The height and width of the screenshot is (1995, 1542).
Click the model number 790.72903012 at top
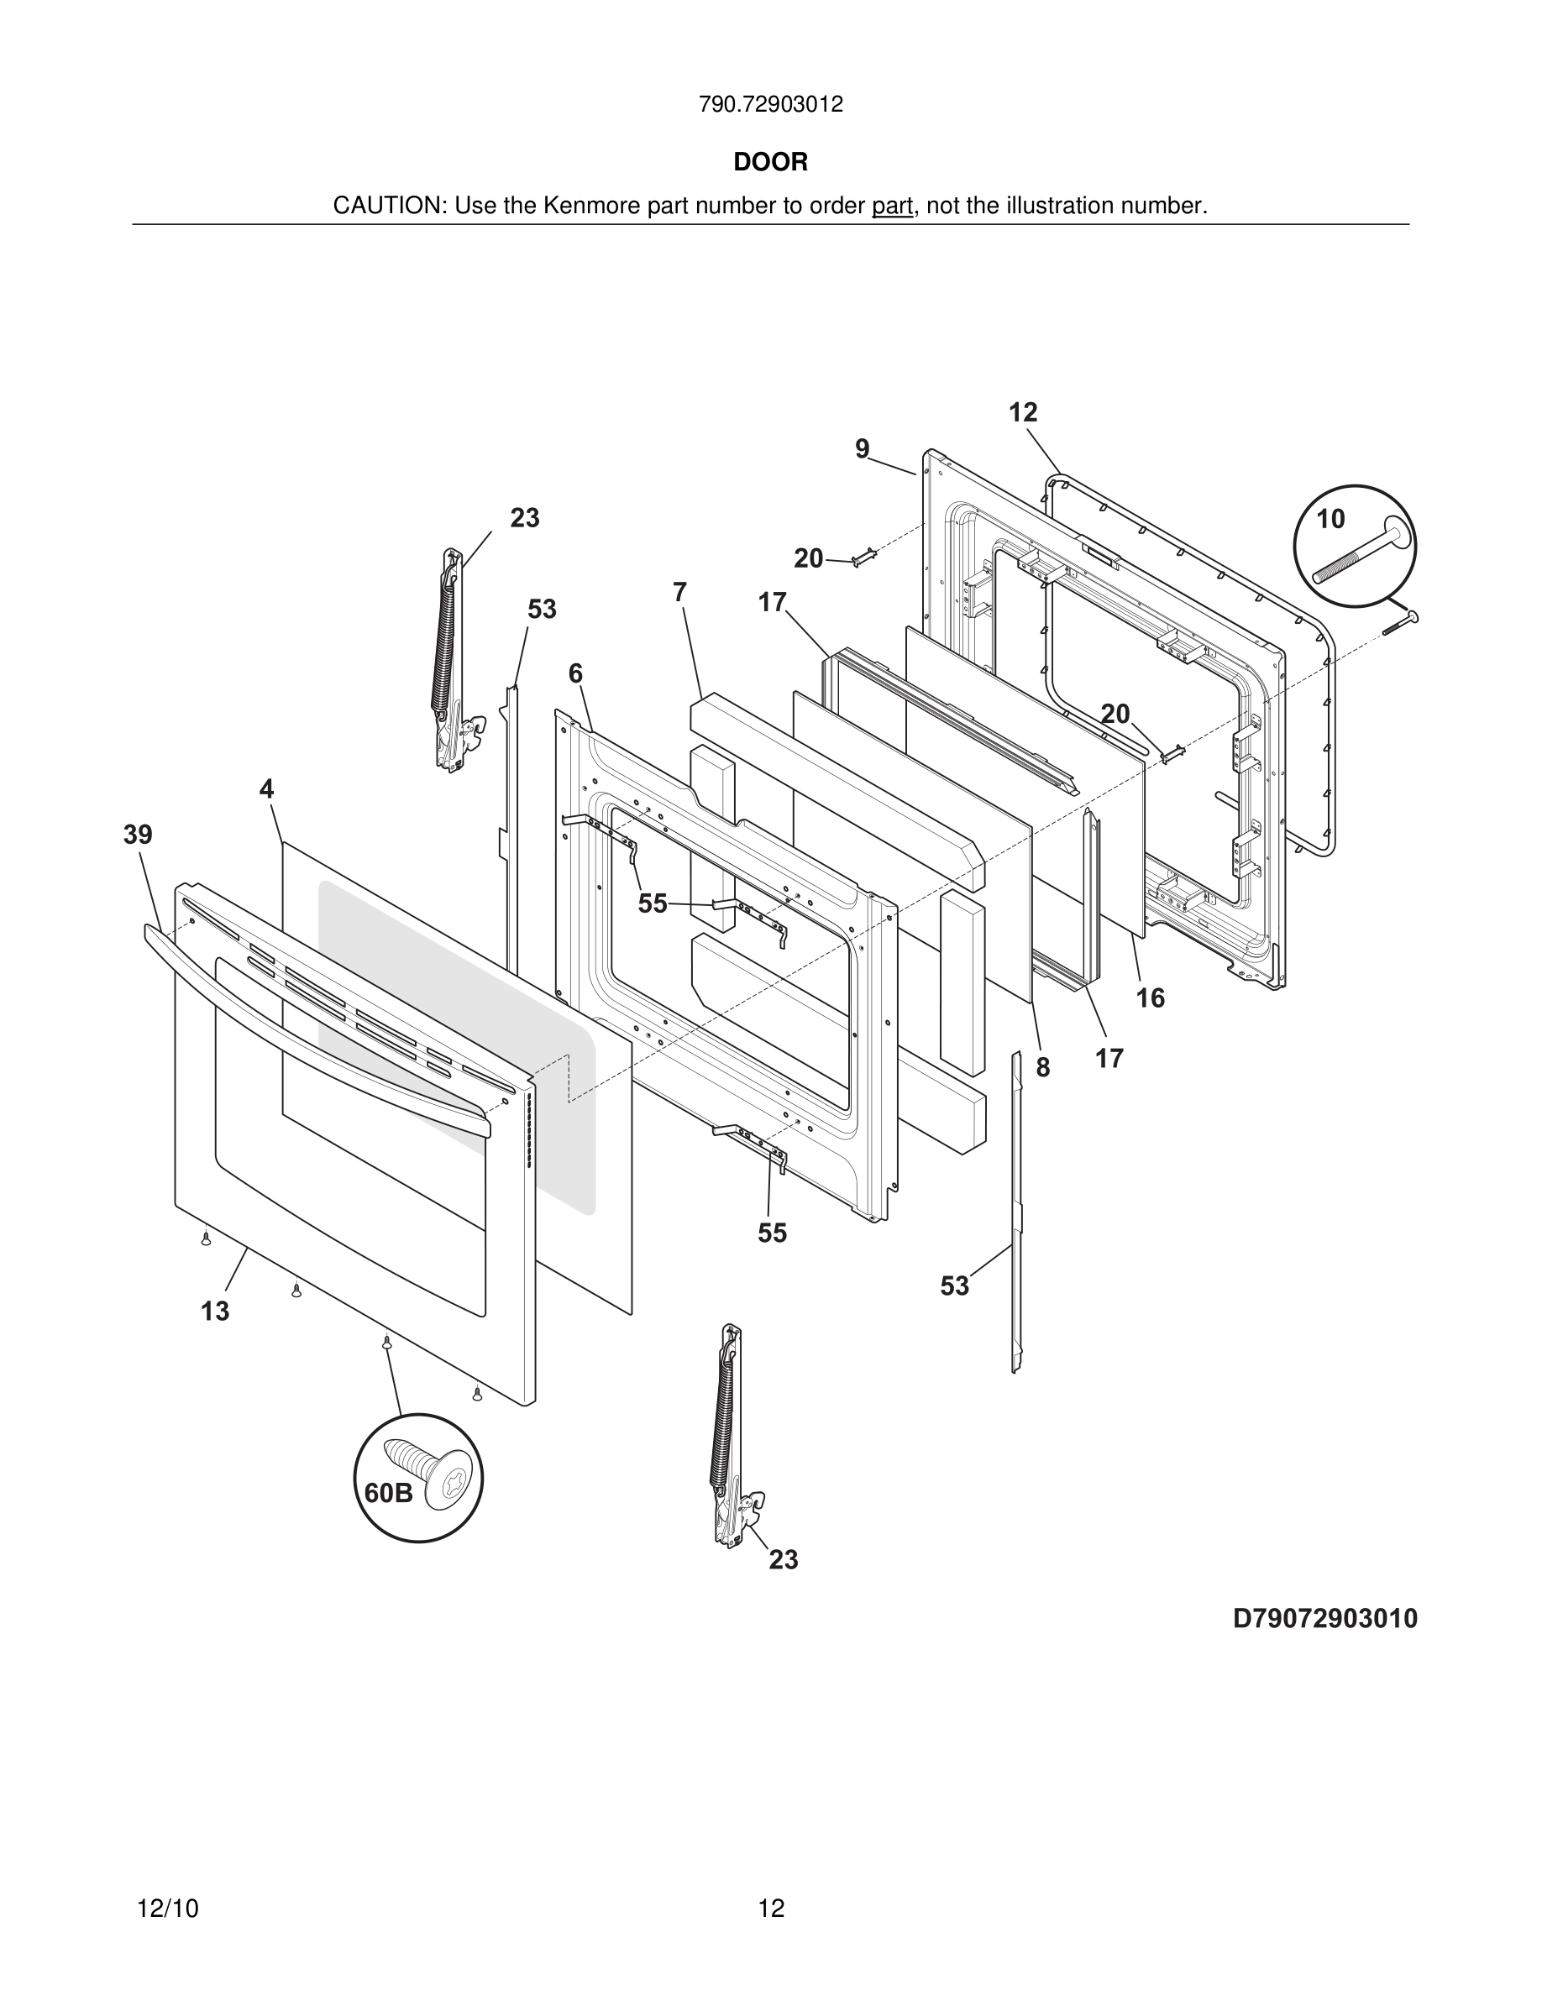click(770, 105)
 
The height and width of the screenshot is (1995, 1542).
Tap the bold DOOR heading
click(770, 163)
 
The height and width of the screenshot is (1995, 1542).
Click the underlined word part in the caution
click(892, 207)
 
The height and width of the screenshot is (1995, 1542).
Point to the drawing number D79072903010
click(1324, 1619)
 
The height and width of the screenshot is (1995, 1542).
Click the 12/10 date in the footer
click(167, 1909)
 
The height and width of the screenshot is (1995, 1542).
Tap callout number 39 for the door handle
click(138, 835)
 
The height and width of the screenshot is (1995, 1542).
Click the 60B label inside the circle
click(388, 1494)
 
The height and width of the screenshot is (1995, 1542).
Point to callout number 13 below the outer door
click(215, 1312)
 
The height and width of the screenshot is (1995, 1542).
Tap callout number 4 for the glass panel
click(266, 789)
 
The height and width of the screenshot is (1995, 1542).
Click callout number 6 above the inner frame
click(575, 674)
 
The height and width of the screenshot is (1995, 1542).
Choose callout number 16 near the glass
click(1150, 998)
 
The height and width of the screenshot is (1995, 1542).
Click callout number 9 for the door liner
click(862, 449)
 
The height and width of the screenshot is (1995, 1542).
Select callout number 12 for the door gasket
click(1023, 413)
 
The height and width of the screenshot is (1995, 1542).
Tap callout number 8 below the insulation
click(1042, 1068)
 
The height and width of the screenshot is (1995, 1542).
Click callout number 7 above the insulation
click(679, 593)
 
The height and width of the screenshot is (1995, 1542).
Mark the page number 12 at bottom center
click(771, 1909)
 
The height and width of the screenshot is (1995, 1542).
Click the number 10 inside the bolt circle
click(1330, 520)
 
